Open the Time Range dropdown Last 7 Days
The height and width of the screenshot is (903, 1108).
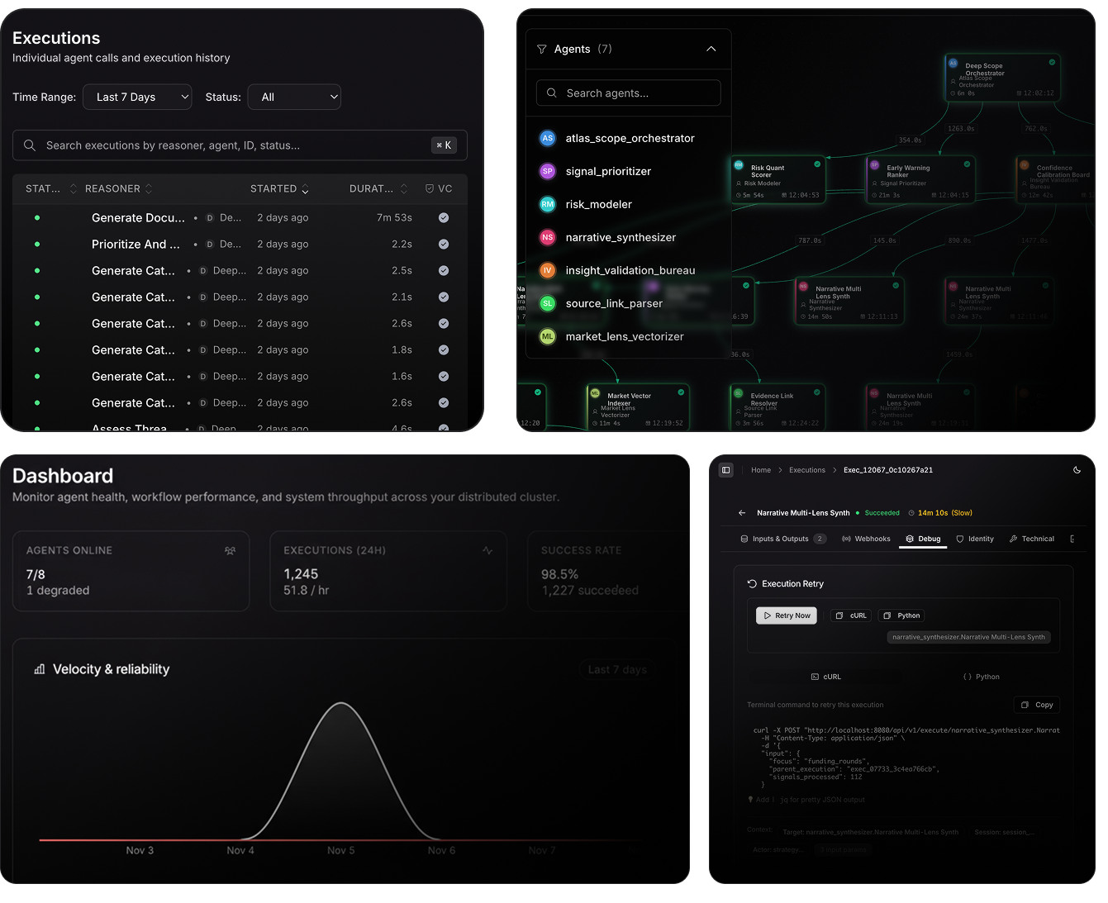(x=137, y=97)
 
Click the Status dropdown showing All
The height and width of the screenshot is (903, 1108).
(x=294, y=97)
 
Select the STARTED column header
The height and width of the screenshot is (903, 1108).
(x=273, y=188)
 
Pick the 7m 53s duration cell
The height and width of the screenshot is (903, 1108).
(x=394, y=218)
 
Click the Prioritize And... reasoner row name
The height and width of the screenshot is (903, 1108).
(x=136, y=245)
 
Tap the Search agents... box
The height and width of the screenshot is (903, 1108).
(x=629, y=93)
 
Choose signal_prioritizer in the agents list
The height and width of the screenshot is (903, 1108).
(x=608, y=171)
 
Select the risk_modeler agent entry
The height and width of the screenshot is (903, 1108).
(x=598, y=204)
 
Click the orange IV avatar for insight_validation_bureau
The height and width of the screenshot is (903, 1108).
(x=547, y=270)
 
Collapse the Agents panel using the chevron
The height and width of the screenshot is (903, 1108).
(x=711, y=50)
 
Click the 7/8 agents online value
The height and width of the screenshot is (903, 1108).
(x=36, y=574)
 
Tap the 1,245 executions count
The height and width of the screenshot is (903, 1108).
(x=301, y=574)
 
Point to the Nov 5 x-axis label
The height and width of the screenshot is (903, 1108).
(x=340, y=850)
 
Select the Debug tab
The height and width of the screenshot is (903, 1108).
(x=923, y=539)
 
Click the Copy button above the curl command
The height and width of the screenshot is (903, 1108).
(x=1037, y=705)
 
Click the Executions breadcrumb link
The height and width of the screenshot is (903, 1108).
(x=806, y=470)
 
